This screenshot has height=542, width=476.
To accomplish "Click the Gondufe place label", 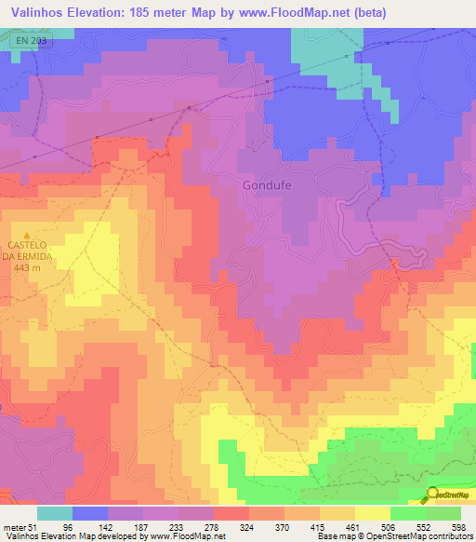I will (268, 184).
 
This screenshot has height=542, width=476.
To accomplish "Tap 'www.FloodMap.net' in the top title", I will (288, 13).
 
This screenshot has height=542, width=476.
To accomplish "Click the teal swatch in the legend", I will (55, 513).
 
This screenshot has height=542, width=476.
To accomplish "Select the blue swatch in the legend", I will (90, 513).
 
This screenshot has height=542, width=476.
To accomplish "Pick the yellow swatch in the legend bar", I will (372, 513).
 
